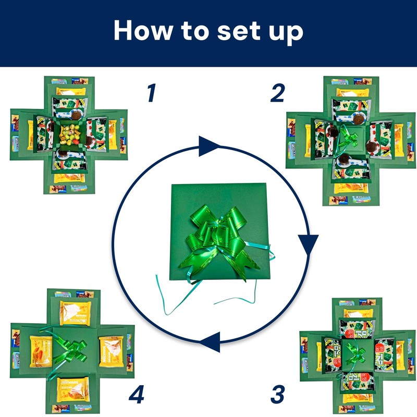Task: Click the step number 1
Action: [151, 93]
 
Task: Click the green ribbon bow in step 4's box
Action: [73, 346]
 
